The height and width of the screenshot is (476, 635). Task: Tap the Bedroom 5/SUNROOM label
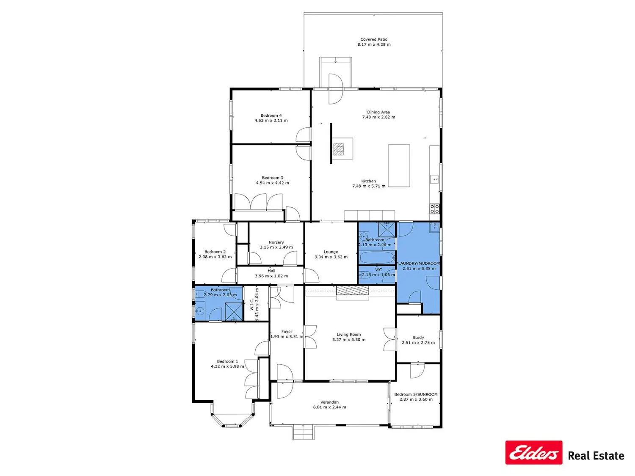pyautogui.click(x=416, y=394)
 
